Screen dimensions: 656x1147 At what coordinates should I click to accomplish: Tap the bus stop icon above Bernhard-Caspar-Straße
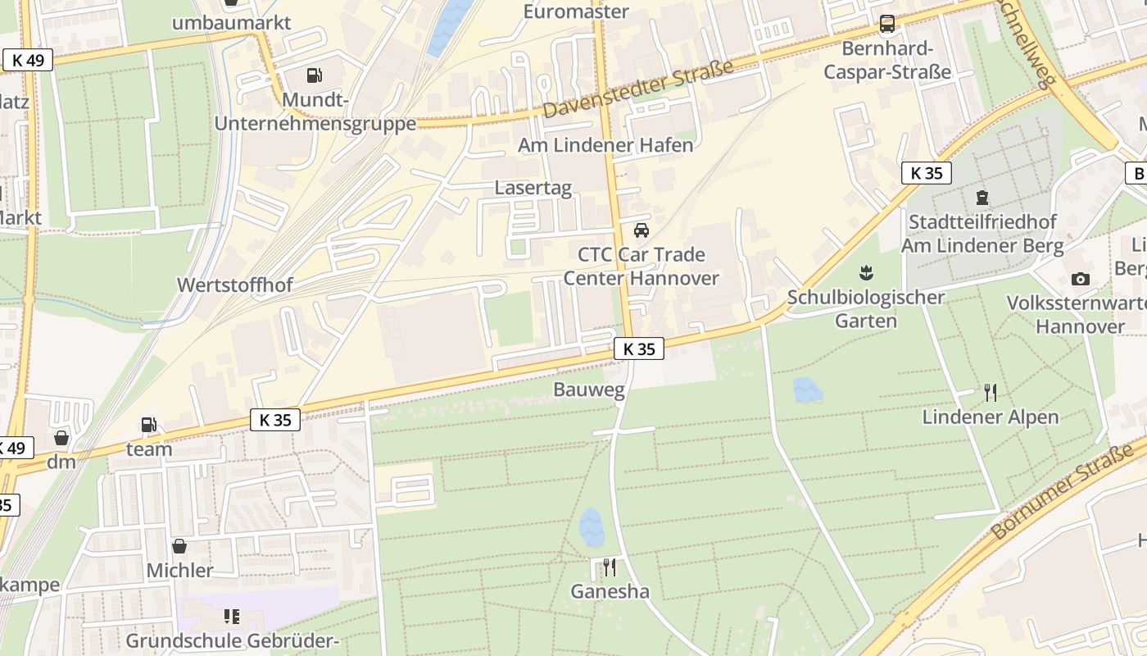click(886, 24)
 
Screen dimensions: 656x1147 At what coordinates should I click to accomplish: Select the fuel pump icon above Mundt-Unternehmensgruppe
click(315, 75)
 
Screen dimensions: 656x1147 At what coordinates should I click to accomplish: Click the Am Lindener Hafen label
click(605, 145)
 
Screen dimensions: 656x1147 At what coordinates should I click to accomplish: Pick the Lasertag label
click(533, 188)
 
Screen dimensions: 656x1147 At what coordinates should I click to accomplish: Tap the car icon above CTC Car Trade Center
click(641, 230)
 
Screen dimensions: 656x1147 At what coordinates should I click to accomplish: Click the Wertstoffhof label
click(234, 285)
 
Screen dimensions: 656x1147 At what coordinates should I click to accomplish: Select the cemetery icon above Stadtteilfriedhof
click(982, 197)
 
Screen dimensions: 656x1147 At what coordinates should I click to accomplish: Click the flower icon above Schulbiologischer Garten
click(865, 272)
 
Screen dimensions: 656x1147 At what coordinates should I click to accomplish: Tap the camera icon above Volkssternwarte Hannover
click(1080, 279)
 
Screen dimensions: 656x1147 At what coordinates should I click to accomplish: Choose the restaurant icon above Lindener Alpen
click(991, 393)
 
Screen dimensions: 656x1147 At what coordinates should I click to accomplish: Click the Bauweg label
click(589, 389)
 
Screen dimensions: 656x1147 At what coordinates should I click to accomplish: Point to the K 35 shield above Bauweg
click(639, 348)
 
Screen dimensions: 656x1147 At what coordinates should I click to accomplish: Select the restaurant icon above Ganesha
click(609, 567)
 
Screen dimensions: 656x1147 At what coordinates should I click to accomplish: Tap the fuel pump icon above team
click(149, 425)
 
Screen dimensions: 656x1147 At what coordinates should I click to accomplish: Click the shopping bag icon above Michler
click(179, 546)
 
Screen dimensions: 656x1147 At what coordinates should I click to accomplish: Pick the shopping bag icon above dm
click(61, 438)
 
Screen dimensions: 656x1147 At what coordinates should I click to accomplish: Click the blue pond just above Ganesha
click(591, 528)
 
